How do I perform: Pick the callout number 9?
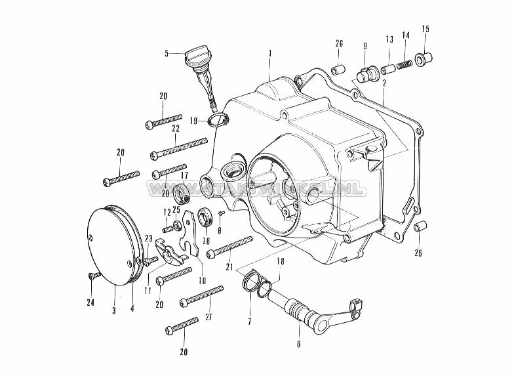(x=364, y=46)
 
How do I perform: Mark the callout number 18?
(x=281, y=261)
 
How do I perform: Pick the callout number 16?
(x=206, y=241)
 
